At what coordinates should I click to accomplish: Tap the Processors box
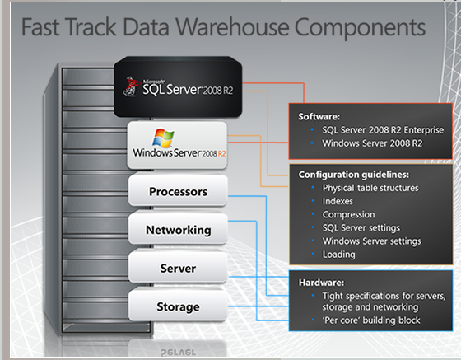[178, 190]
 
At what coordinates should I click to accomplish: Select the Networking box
[178, 229]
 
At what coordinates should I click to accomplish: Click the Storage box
[178, 306]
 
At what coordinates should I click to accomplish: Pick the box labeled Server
[178, 268]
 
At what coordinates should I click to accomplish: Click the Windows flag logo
[163, 138]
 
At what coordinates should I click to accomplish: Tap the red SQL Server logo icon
[131, 86]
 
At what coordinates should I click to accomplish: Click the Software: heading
[319, 117]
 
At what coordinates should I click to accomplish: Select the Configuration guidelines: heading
[353, 175]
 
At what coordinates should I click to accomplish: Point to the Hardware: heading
[321, 283]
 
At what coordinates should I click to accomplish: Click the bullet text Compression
[348, 215]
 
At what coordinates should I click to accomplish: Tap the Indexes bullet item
[338, 201]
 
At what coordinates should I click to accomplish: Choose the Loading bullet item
[338, 255]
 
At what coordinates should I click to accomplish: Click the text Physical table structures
[370, 188]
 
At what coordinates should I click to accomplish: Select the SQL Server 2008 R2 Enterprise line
[383, 129]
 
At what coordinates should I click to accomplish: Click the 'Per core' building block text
[371, 320]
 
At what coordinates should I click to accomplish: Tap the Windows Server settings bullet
[371, 241]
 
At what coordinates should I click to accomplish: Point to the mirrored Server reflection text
[178, 353]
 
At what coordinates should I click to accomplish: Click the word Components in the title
[360, 28]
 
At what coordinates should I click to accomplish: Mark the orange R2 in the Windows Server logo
[221, 153]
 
